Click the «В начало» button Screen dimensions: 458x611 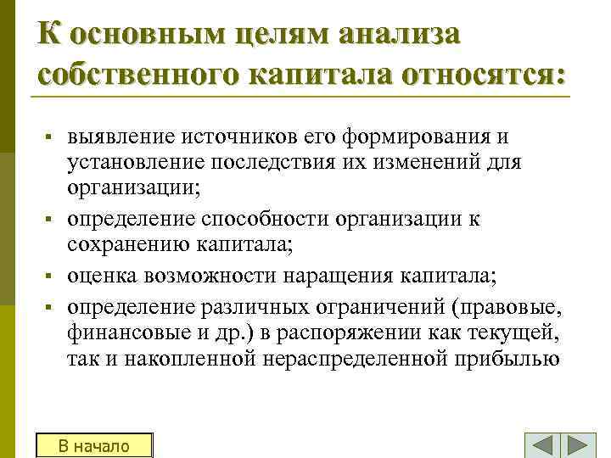pyautogui.click(x=93, y=446)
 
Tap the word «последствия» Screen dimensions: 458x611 pyautogui.click(x=269, y=161)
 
